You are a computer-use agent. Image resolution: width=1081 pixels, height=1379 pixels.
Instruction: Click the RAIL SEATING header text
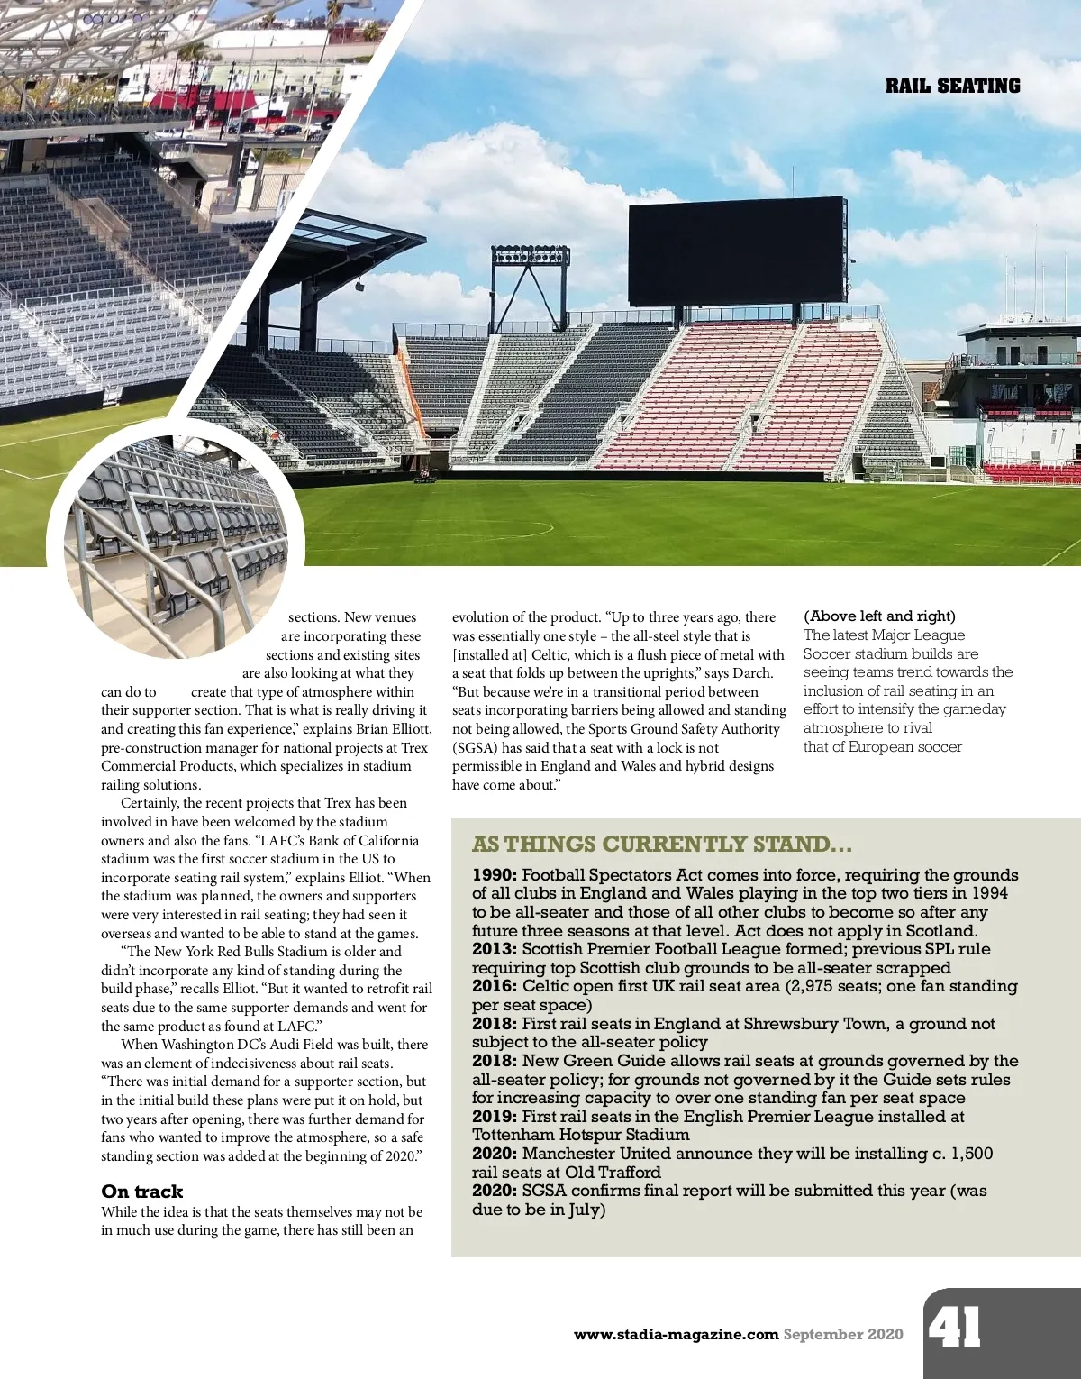click(x=952, y=87)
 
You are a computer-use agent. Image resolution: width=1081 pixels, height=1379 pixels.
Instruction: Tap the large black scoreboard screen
click(x=736, y=251)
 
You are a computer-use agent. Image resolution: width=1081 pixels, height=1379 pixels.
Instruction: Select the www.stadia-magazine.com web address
click(x=676, y=1335)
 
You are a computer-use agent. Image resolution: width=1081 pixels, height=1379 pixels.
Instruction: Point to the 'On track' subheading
click(x=141, y=1192)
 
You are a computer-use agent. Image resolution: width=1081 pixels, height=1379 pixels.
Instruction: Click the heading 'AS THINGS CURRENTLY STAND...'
click(x=661, y=845)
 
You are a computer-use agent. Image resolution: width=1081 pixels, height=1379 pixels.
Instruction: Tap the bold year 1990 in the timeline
click(x=495, y=875)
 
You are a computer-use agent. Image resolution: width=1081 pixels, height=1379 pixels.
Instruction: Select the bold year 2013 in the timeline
click(x=495, y=949)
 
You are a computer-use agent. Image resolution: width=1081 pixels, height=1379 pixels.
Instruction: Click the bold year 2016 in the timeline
click(x=495, y=986)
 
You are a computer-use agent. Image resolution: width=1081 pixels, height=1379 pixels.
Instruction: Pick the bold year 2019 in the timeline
click(x=495, y=1117)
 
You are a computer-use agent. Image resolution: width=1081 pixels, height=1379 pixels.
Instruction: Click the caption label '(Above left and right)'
click(x=879, y=616)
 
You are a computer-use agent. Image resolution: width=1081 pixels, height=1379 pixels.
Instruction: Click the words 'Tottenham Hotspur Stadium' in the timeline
click(x=580, y=1135)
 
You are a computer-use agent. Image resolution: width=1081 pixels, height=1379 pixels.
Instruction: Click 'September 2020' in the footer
click(x=842, y=1335)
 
